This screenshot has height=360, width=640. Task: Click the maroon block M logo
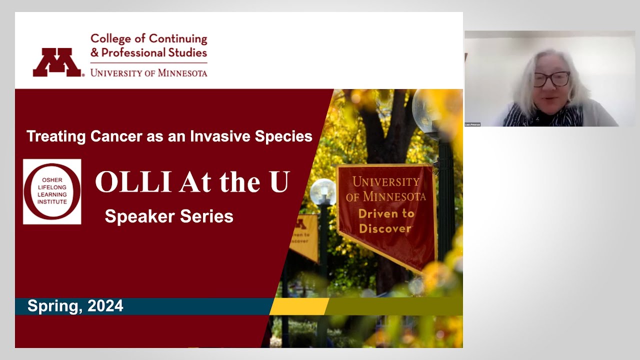tap(57, 62)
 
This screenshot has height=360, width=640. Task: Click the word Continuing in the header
tap(178, 39)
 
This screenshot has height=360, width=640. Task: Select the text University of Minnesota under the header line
tap(148, 73)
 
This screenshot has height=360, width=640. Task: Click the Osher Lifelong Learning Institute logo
tap(52, 191)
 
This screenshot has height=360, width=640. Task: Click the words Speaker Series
tap(169, 216)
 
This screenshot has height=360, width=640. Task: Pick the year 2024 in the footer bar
tap(105, 306)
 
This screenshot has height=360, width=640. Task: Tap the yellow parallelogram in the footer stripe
tap(299, 306)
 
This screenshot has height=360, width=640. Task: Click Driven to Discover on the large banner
tap(385, 221)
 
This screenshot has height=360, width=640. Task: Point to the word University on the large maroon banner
tap(385, 182)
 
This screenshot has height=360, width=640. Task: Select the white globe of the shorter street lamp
tap(323, 191)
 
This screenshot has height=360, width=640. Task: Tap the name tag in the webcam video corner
tap(472, 124)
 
